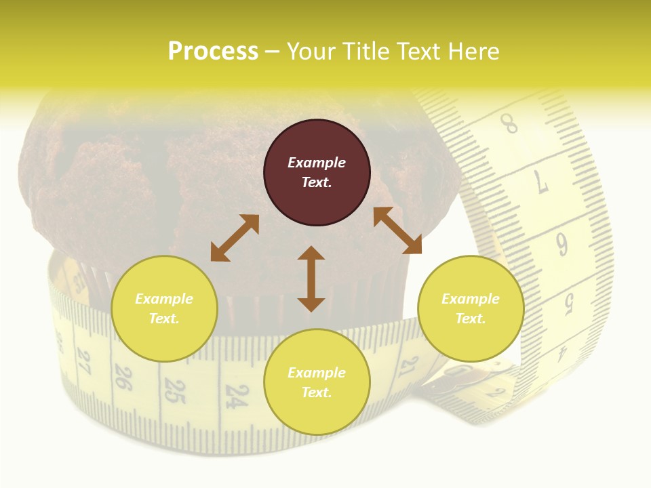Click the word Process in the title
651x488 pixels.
213,52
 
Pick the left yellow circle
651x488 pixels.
164,308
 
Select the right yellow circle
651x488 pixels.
471,308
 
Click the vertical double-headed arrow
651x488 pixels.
311,279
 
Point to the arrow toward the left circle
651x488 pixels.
235,238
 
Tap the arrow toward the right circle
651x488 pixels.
397,230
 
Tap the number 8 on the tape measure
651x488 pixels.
509,124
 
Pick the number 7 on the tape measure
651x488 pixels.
541,182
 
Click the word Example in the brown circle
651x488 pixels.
317,163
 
